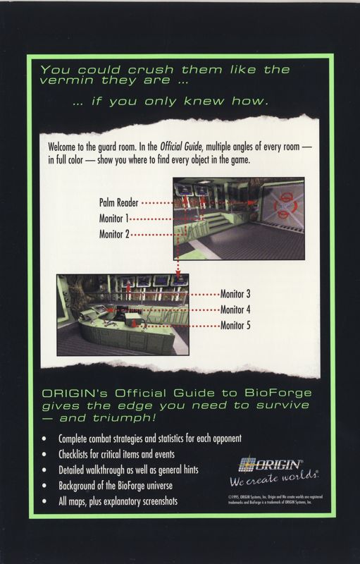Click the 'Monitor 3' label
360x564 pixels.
point(236,294)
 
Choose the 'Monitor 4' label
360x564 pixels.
point(236,309)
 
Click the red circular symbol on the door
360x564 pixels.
point(284,202)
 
